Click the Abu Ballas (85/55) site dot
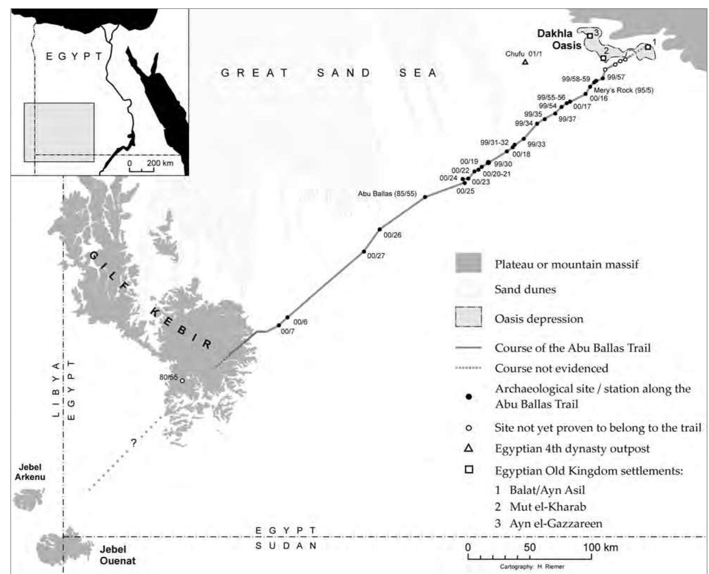coord(425,197)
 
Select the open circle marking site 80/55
coord(182,380)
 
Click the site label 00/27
coord(376,256)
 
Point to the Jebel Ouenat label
coord(118,555)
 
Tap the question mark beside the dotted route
coord(134,443)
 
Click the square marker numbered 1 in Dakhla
coord(648,47)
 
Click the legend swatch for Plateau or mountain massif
coord(468,263)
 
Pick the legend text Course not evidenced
coord(551,368)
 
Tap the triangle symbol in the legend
coord(468,449)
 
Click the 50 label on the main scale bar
coord(529,548)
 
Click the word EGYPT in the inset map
coord(74,56)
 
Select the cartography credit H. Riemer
coord(532,567)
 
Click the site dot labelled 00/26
coord(380,229)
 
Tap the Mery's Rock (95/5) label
coord(623,90)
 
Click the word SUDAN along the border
coord(286,546)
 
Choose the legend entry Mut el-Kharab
coord(547,507)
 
